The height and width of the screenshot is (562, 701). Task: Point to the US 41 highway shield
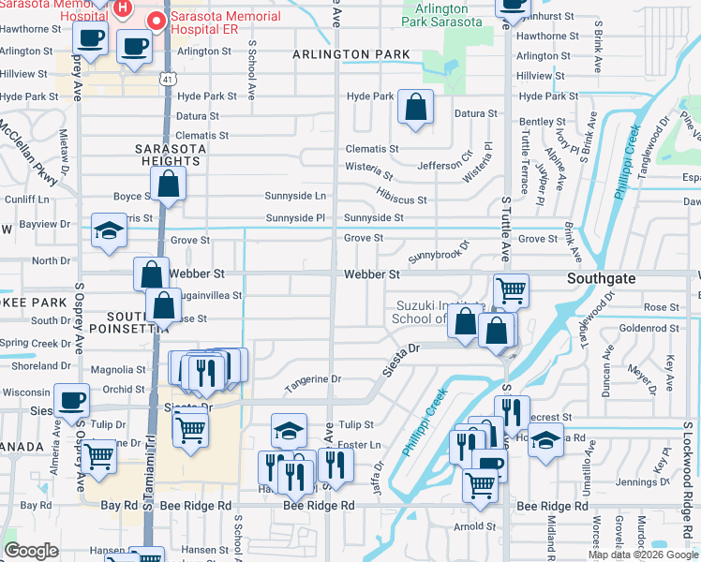pos(165,81)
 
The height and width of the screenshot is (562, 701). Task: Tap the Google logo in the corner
pos(32,551)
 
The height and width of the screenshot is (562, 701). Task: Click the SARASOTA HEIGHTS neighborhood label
pos(168,155)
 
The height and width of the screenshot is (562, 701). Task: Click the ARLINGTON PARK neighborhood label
pos(351,54)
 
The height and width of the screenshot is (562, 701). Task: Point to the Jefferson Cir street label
pos(444,165)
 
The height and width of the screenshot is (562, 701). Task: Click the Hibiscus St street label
pos(402,200)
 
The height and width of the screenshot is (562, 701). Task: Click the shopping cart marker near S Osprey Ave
pos(98,458)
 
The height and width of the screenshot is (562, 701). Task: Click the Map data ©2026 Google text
pos(643,555)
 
